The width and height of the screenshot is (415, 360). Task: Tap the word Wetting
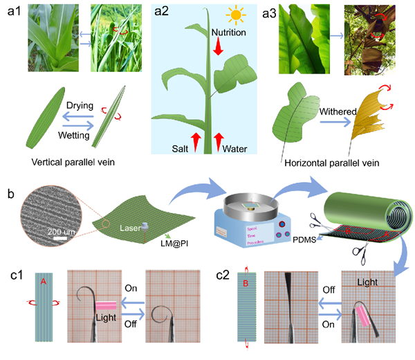click(x=82, y=136)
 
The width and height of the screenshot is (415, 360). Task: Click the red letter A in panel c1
click(x=44, y=282)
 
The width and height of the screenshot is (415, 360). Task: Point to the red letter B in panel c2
click(x=245, y=282)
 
